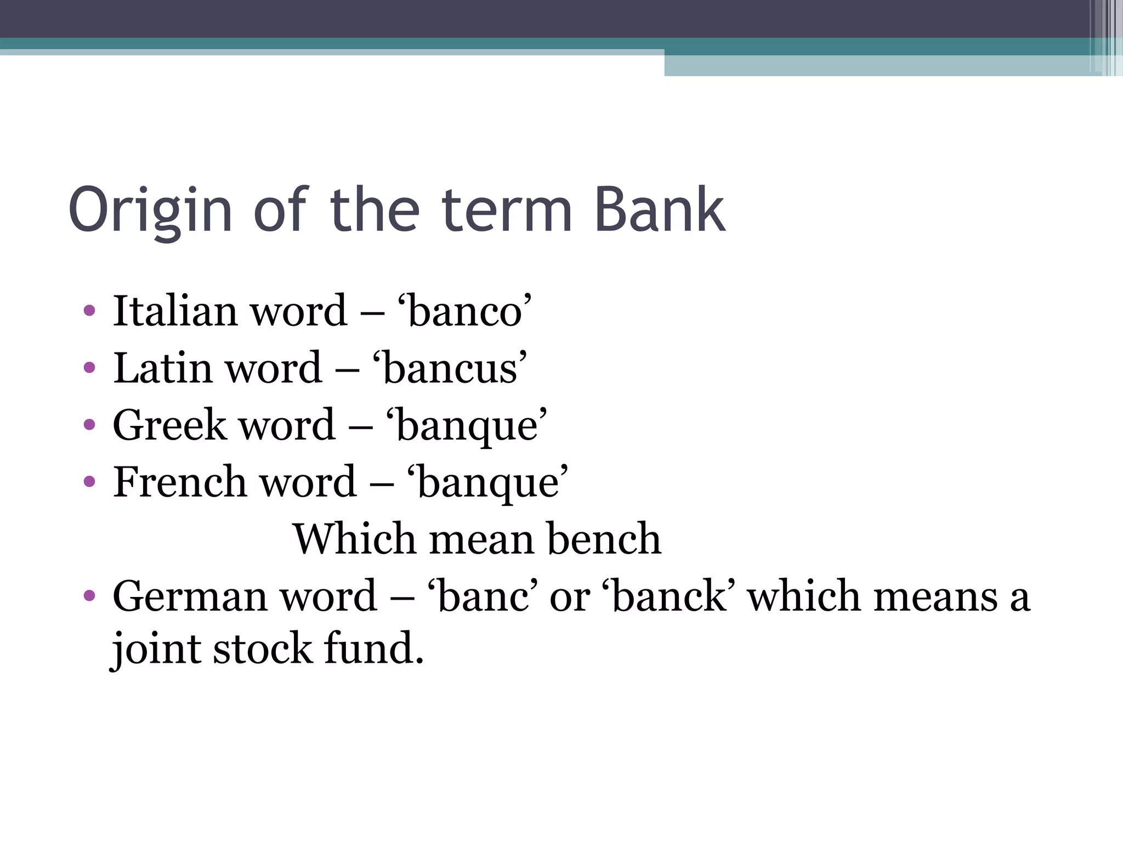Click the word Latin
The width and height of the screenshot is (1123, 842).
click(163, 368)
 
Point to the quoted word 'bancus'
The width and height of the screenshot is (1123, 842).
click(450, 368)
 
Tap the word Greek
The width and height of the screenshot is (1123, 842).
click(169, 425)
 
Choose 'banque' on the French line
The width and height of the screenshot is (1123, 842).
click(487, 483)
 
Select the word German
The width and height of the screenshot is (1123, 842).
click(190, 596)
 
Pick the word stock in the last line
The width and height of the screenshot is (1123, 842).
click(262, 648)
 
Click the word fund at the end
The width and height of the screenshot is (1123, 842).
click(373, 648)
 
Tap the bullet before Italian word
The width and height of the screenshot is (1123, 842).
click(89, 311)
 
